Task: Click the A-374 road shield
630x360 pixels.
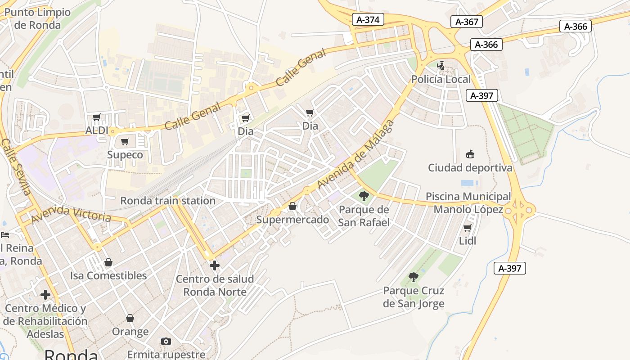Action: click(368, 19)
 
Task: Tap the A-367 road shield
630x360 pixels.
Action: click(466, 22)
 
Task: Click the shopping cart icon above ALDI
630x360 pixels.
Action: click(96, 118)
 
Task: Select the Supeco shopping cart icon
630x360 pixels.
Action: click(125, 142)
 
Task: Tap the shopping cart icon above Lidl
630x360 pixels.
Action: click(468, 228)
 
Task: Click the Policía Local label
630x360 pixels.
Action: click(441, 79)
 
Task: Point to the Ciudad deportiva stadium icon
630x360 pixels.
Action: click(470, 154)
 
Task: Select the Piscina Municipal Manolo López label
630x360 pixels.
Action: click(468, 203)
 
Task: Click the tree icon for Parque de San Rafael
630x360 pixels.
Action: click(364, 196)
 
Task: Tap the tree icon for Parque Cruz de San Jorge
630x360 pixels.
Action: click(414, 277)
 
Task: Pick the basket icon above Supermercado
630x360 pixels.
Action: click(292, 206)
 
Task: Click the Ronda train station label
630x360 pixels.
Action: click(167, 201)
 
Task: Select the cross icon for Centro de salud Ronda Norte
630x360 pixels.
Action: click(215, 265)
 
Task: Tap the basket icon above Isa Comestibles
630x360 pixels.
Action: click(108, 262)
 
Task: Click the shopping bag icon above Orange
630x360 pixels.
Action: click(130, 319)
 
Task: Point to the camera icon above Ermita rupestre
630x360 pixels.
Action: click(166, 341)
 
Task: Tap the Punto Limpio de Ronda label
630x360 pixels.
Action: click(37, 18)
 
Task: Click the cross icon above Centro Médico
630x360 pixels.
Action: click(45, 295)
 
